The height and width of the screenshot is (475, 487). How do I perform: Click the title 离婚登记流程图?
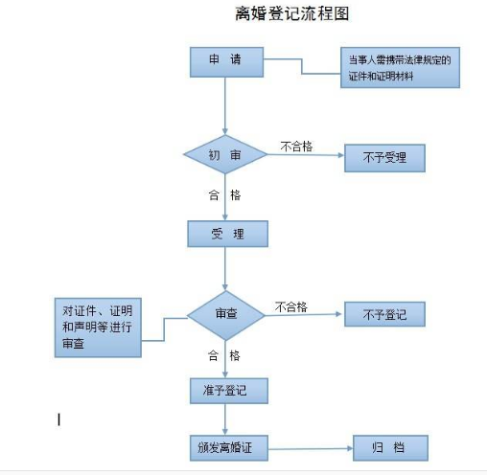pos(291,13)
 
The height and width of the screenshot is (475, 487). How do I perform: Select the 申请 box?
pos(226,62)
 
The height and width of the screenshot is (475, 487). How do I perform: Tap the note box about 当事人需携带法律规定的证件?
pos(400,67)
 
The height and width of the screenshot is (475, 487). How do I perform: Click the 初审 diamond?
pos(225,154)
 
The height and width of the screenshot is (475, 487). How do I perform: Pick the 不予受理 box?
pos(384,158)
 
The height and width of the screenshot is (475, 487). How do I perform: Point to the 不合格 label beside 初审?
pos(296,147)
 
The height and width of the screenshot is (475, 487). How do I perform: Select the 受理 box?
pos(227,234)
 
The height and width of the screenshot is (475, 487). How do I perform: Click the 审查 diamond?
pos(226,315)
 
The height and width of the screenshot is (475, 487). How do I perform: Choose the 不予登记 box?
pos(384,314)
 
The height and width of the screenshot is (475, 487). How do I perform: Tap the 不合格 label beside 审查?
pos(291,306)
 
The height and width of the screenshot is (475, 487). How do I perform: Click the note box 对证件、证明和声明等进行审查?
pos(98,328)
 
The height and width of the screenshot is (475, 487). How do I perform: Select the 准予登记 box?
pos(229,391)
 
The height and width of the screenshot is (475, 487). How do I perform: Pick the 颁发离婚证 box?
pos(229,448)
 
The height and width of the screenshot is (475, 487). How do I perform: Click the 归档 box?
pos(390,448)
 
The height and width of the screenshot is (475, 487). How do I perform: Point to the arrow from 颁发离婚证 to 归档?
pos(311,449)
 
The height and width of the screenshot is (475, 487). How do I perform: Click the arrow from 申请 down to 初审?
pos(225,106)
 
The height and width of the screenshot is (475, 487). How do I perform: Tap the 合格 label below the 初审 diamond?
pos(224,195)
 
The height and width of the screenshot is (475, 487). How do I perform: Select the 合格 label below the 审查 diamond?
pos(223,355)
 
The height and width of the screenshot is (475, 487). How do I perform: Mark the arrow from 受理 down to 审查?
pos(225,268)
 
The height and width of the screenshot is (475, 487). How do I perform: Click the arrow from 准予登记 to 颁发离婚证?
pos(225,419)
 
